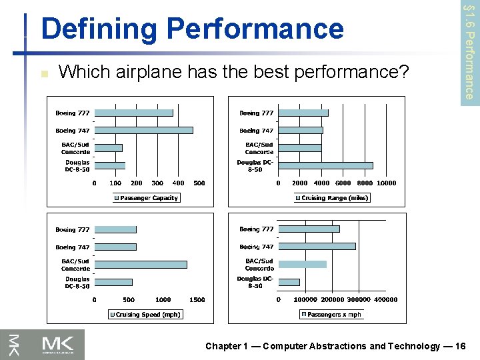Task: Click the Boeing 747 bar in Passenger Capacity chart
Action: (143, 131)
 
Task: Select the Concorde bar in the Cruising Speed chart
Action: (141, 264)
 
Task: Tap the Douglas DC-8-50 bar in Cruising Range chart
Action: (325, 165)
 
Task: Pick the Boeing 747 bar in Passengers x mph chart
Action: (317, 246)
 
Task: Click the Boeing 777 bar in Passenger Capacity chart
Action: (133, 113)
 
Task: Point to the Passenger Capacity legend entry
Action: (146, 198)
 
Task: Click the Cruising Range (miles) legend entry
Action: (331, 197)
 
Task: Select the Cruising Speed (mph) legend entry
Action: (145, 314)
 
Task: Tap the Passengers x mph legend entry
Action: (331, 314)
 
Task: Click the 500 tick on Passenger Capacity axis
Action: (199, 183)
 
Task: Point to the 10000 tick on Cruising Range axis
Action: (387, 183)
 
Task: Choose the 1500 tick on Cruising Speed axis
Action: (197, 300)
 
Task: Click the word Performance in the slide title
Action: (255, 29)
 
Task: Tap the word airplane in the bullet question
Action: (147, 71)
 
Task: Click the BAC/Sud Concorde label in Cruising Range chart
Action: (259, 148)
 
